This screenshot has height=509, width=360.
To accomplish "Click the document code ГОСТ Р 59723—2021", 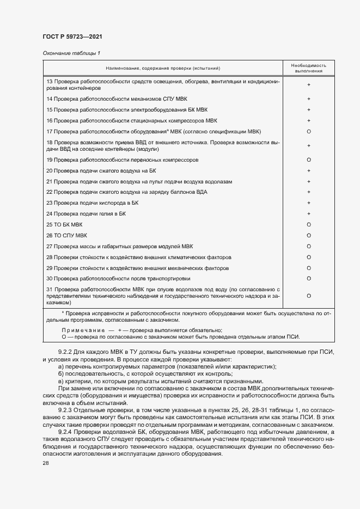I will point(72,36).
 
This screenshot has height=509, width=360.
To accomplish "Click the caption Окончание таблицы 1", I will point(72,53).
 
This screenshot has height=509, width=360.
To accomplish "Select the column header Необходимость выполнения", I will point(309,68).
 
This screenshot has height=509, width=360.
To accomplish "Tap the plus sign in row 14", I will point(309,99).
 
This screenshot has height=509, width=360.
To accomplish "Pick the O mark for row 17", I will point(309,132).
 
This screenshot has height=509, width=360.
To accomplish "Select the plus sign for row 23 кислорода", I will point(309,203).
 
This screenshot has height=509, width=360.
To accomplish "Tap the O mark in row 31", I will point(309,295).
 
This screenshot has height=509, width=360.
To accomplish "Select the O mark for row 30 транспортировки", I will point(309,278).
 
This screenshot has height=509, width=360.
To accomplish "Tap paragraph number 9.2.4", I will point(65,432).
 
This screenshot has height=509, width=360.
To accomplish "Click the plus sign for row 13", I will point(309,85).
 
